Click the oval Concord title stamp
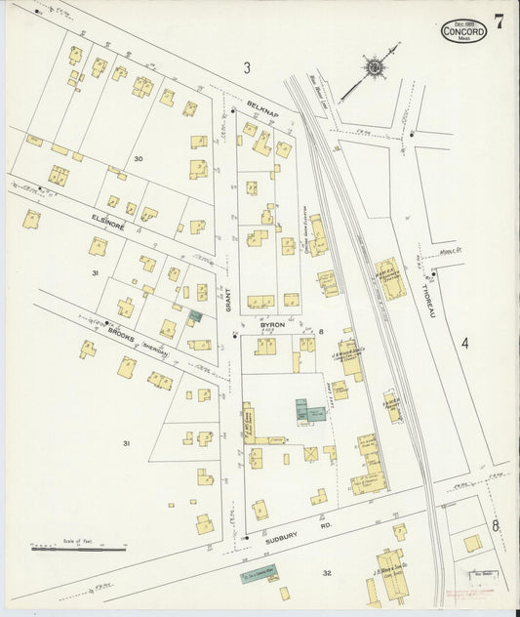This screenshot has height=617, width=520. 463,31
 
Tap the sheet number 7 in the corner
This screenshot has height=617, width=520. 499,22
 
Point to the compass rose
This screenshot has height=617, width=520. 374,66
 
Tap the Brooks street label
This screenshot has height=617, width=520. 122,333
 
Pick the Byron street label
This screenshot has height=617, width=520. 272,323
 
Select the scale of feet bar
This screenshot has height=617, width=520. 78,549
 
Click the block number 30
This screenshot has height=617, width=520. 139,158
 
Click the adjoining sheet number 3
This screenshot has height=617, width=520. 248,67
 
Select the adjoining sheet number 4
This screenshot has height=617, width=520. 465,343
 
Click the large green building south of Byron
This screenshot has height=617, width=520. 309,411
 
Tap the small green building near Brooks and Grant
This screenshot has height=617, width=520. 195,315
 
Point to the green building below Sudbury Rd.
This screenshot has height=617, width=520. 261,574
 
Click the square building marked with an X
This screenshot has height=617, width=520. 310,454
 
